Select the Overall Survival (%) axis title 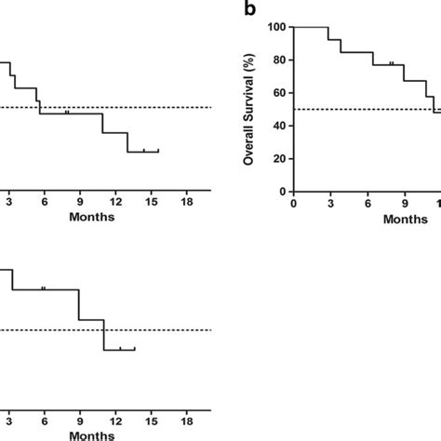point(249,109)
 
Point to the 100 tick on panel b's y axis point(276,27)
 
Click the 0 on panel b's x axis point(293,203)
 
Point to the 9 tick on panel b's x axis point(404,203)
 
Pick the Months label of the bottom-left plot point(91,434)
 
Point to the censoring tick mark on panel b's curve point(392,62)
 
